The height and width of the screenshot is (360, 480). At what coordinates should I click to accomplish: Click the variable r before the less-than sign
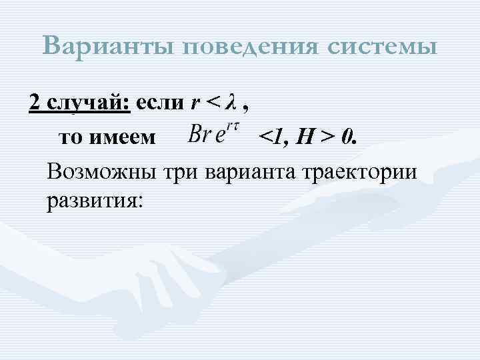click(195, 103)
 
